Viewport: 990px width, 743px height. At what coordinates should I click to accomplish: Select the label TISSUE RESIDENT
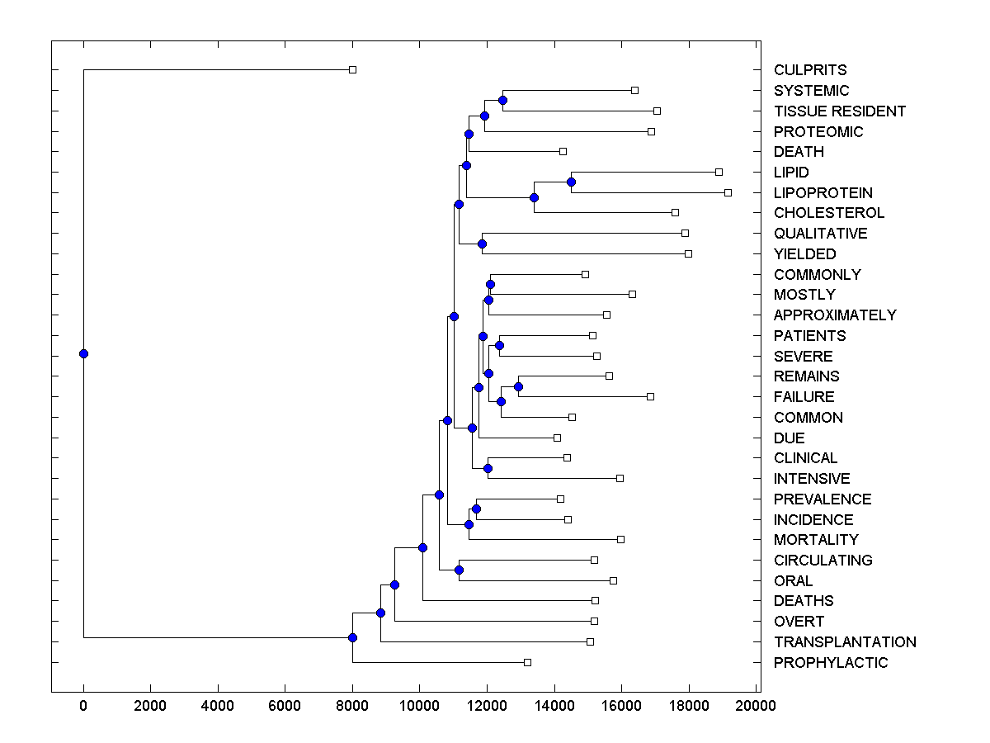point(840,111)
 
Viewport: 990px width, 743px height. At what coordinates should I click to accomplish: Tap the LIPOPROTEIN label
point(823,192)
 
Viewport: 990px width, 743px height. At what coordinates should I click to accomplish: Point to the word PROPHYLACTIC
point(831,662)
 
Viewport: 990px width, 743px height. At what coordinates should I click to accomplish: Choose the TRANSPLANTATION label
point(845,641)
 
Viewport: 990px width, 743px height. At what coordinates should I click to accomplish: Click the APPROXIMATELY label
point(835,315)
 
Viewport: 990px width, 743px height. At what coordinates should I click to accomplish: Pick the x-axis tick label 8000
point(352,706)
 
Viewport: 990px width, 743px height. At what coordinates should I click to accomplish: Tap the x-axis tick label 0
point(83,706)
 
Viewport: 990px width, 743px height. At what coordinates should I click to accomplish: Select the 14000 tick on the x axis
point(554,706)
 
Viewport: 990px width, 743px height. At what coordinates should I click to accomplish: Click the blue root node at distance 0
point(83,353)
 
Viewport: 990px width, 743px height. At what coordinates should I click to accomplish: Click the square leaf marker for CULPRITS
point(352,69)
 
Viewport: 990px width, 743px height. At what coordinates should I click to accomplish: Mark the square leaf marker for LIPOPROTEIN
point(728,192)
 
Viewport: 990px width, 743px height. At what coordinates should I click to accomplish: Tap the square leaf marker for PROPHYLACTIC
point(528,662)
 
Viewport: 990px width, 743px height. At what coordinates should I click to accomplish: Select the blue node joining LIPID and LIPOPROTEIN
point(571,182)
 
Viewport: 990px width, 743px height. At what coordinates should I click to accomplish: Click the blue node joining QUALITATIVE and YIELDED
point(482,244)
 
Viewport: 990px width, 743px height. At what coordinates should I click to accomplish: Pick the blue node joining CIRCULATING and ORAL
point(459,570)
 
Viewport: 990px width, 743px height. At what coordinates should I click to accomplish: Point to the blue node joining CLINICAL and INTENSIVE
point(488,468)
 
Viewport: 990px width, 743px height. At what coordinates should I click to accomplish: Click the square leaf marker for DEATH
point(563,151)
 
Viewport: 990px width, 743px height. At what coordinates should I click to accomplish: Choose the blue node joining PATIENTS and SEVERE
point(499,345)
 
